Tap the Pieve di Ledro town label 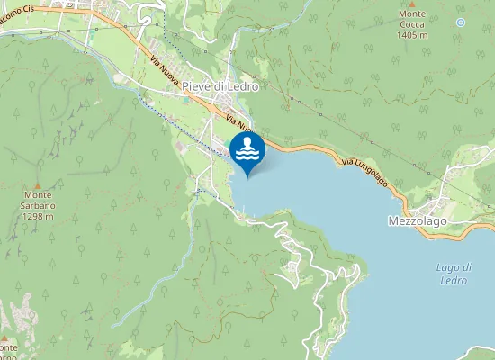tap(220, 86)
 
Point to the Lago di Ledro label tap(454, 274)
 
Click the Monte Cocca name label tap(412, 25)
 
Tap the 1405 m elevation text tap(412, 36)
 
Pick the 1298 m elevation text tap(39, 216)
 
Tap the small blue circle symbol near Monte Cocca tap(461, 22)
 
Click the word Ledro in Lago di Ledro tap(454, 280)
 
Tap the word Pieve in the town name tap(196, 86)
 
